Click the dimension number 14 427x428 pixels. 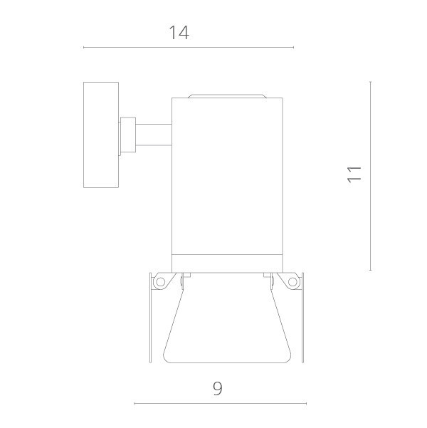tap(179, 32)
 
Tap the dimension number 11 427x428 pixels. tap(354, 173)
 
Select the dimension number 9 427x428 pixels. tap(218, 388)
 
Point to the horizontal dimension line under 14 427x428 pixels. tap(188, 48)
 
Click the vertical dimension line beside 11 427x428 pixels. tap(371, 176)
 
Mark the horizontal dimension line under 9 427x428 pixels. tap(220, 404)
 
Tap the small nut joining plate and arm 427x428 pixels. tap(128, 135)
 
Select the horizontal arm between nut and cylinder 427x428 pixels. tap(154, 135)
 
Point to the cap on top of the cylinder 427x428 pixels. tap(227, 95)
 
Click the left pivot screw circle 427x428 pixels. tap(160, 282)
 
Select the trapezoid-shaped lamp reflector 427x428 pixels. tap(226, 320)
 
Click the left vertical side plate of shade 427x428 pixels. tap(150, 317)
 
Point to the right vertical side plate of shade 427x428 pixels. tap(303, 317)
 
